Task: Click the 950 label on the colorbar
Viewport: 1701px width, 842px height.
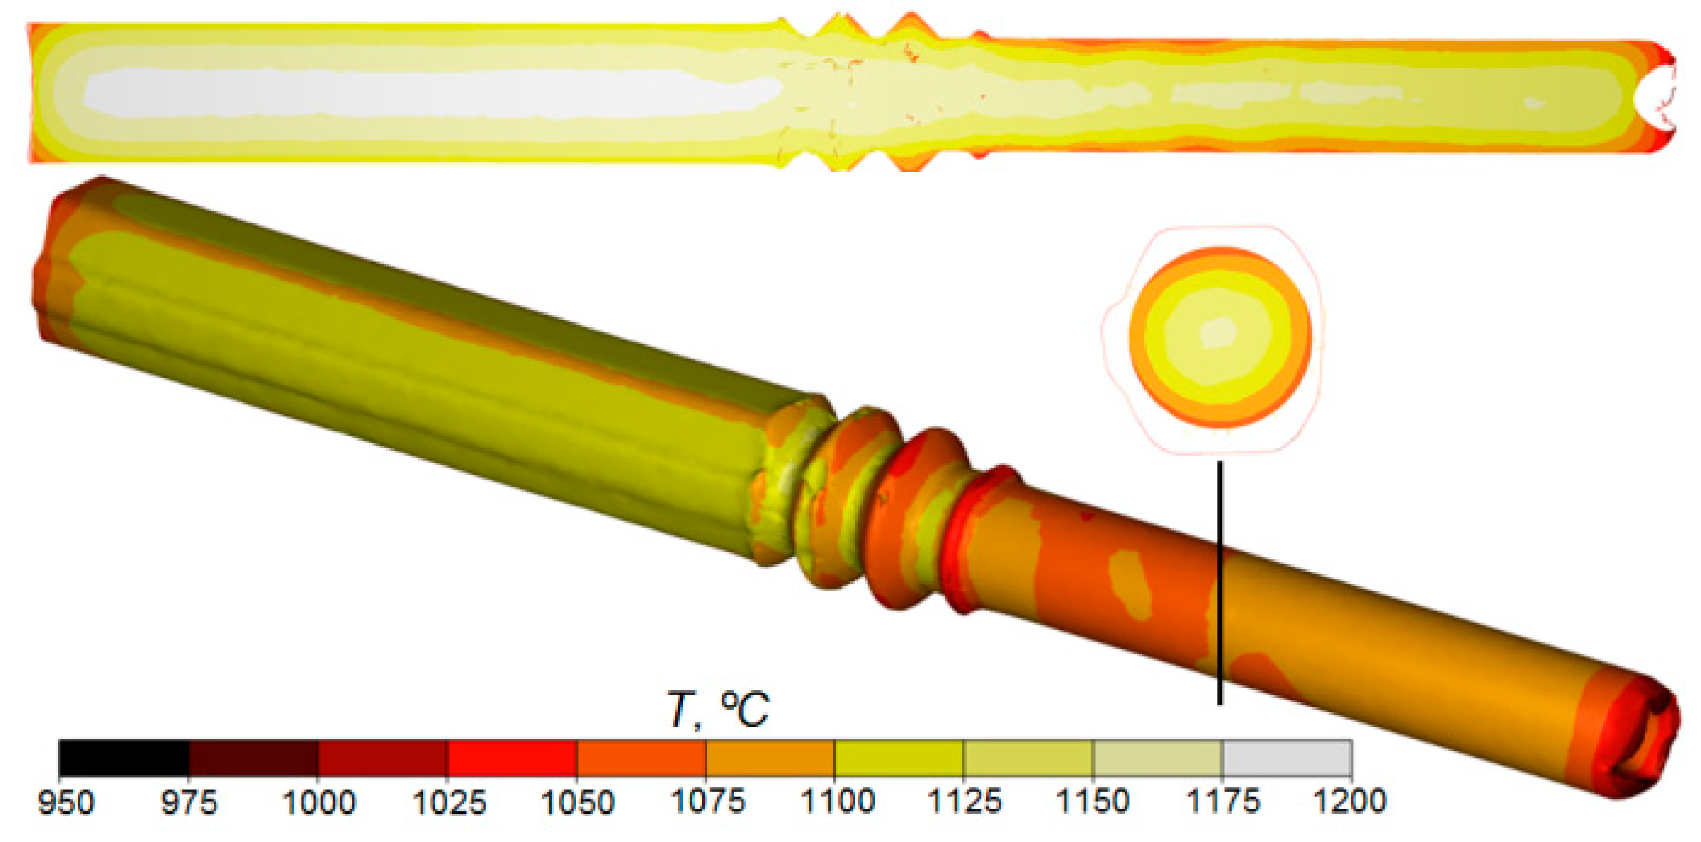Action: coord(65,803)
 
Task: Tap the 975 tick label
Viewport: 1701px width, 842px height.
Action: coord(189,803)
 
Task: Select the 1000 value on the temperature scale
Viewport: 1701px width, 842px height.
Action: coord(319,803)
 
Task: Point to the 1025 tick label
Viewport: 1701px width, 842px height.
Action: coord(448,803)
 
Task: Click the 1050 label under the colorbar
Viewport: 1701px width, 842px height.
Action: coord(577,803)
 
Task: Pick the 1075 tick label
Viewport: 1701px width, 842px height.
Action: coord(707,803)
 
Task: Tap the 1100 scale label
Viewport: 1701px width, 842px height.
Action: coord(837,803)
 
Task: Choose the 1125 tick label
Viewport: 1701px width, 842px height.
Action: coord(964,803)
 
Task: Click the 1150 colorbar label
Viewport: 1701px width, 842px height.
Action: coord(1093,803)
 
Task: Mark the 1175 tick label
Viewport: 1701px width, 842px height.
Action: coord(1223,803)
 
